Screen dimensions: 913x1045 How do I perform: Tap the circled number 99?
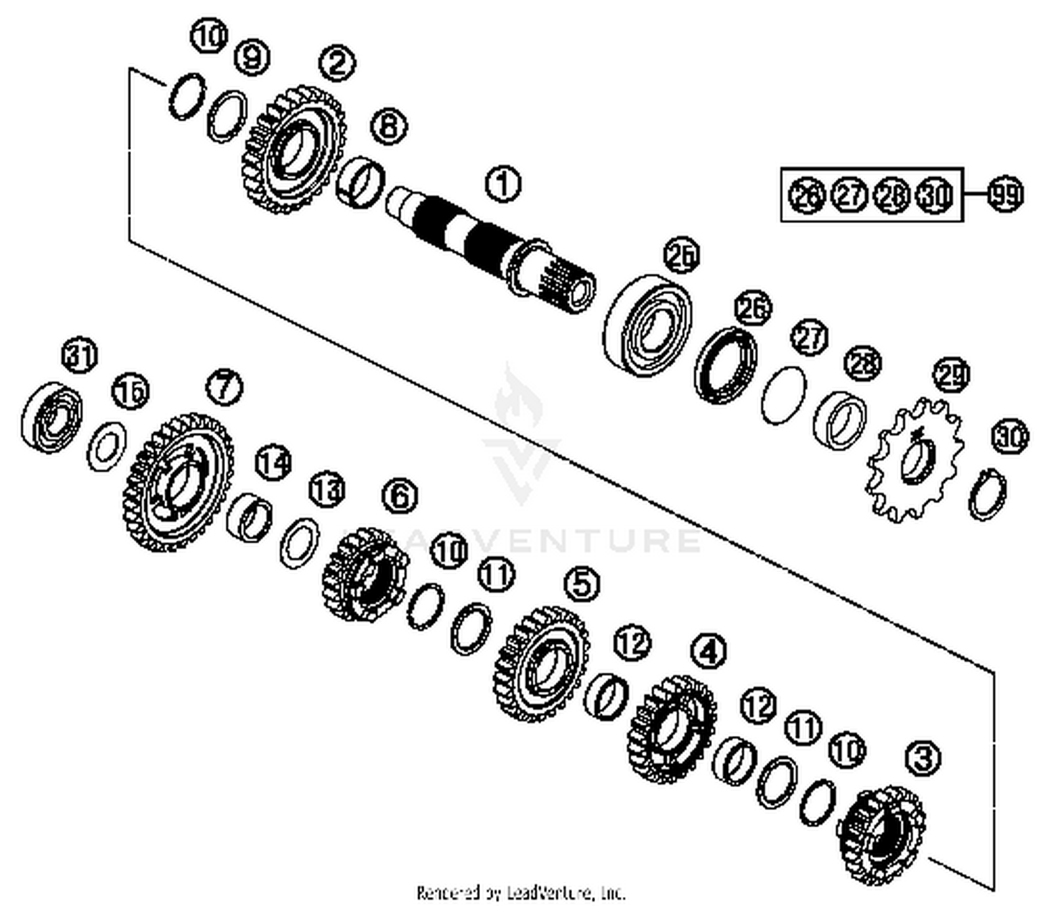[x=1004, y=194]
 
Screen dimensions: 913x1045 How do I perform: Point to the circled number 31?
[x=80, y=357]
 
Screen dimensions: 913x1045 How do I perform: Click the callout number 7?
[x=224, y=387]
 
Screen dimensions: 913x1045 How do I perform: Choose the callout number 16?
[x=131, y=392]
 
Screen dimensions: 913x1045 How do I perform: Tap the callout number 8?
[x=388, y=126]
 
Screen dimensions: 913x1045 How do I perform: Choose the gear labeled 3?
[x=882, y=834]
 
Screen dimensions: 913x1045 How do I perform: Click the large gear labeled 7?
[x=178, y=482]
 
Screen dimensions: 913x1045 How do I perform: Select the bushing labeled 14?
[x=250, y=516]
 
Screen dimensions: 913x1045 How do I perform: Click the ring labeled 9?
[x=228, y=115]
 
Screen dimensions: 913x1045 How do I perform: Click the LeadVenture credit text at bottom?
[x=521, y=892]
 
